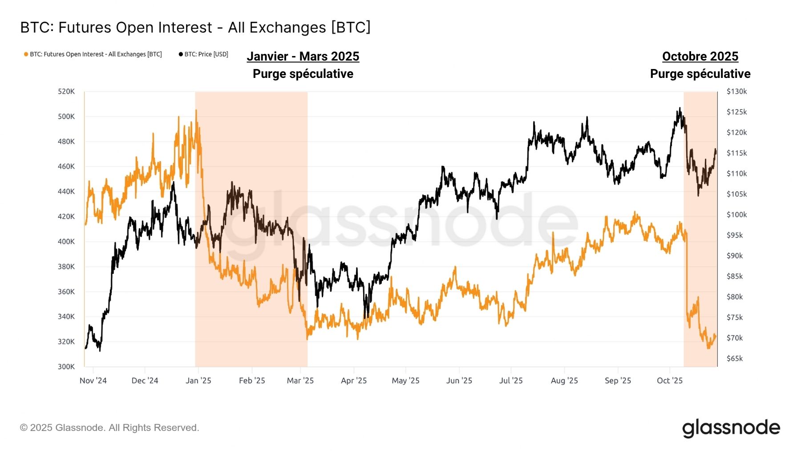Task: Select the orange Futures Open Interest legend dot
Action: [x=26, y=54]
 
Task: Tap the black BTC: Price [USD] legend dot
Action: [x=181, y=54]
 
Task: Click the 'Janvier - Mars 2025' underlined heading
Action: [x=303, y=57]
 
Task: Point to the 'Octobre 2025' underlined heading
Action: [x=700, y=57]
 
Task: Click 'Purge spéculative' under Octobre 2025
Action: [x=700, y=74]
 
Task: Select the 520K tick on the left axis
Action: [x=66, y=92]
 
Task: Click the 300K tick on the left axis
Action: [x=66, y=367]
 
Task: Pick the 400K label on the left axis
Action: [x=66, y=242]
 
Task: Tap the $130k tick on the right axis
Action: [x=736, y=92]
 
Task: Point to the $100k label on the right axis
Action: [x=736, y=215]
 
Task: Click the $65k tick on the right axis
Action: [x=735, y=358]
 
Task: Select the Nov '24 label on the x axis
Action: [x=93, y=381]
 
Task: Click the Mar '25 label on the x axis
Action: [x=300, y=381]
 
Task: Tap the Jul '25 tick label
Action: [x=511, y=381]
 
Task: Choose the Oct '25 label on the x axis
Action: [x=670, y=381]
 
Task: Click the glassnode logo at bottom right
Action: [x=731, y=428]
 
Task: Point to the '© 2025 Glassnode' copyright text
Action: [x=109, y=428]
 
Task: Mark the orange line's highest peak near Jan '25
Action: [x=196, y=110]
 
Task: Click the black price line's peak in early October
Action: [x=680, y=108]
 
